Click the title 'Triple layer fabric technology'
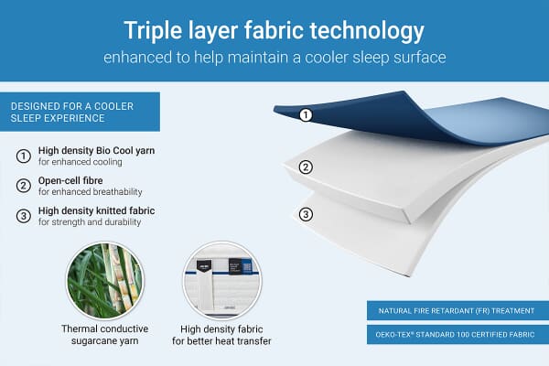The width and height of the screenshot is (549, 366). [x=274, y=31]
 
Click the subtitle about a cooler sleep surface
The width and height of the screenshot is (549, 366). [x=274, y=57]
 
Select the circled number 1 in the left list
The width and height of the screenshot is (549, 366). [x=23, y=156]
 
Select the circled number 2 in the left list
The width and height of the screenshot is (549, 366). [x=23, y=186]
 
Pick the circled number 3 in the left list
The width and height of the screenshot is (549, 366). [x=23, y=216]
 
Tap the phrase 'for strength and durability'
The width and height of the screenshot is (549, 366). [x=87, y=222]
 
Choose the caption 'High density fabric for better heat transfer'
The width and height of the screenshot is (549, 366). [x=222, y=335]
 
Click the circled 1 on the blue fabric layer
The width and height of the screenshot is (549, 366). [x=307, y=115]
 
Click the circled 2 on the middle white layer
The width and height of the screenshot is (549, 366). [x=307, y=167]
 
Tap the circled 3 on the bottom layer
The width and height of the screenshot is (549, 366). [x=307, y=216]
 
